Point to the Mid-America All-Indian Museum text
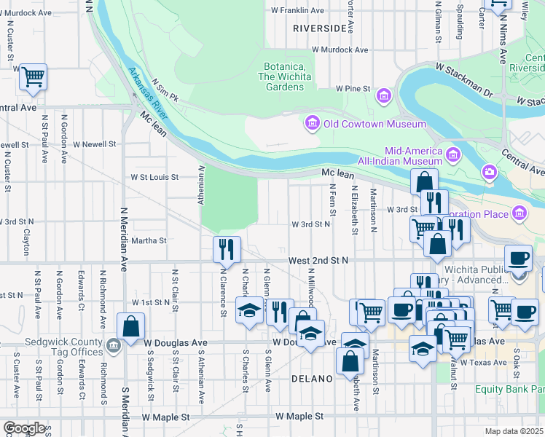pos(399,154)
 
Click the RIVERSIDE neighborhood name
pos(319,28)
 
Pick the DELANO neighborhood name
pos(312,379)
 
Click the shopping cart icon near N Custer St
pos(34,76)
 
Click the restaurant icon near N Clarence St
pos(227,249)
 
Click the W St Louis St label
pos(154,176)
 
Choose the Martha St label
pos(149,240)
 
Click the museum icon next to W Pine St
pos(383,95)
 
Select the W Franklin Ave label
pos(297,11)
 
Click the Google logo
pos(25,428)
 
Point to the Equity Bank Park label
pos(509,389)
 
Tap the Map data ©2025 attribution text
pos(514,431)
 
